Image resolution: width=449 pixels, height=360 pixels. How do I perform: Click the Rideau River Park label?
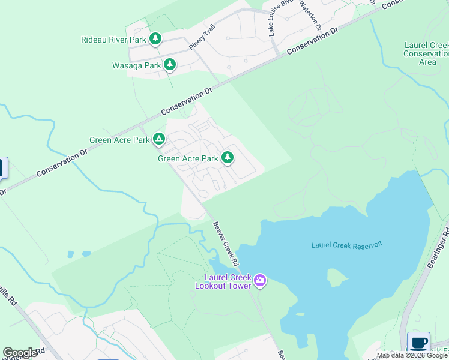click(x=114, y=40)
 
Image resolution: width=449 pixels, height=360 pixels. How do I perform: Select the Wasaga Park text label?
click(x=136, y=65)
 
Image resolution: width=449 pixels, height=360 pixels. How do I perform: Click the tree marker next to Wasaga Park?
click(x=170, y=64)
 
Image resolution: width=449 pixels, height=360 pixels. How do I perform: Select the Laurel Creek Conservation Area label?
click(x=427, y=53)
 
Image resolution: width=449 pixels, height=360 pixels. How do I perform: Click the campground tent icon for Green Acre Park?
click(x=159, y=139)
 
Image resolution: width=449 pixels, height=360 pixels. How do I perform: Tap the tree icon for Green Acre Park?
click(x=227, y=158)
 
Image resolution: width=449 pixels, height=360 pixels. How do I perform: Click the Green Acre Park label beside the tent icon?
click(x=119, y=140)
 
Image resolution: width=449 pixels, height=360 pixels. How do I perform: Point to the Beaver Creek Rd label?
click(x=226, y=244)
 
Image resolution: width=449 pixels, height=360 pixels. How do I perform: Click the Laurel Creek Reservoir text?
click(x=346, y=245)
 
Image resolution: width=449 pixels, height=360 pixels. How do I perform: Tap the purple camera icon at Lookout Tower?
click(x=260, y=280)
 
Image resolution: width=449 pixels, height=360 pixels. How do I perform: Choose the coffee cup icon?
click(x=418, y=343)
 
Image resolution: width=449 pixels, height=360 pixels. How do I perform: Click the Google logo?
click(x=20, y=353)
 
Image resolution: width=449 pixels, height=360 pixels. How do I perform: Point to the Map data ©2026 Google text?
click(x=412, y=355)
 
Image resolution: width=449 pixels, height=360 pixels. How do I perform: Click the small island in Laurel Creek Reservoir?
click(x=337, y=277)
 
